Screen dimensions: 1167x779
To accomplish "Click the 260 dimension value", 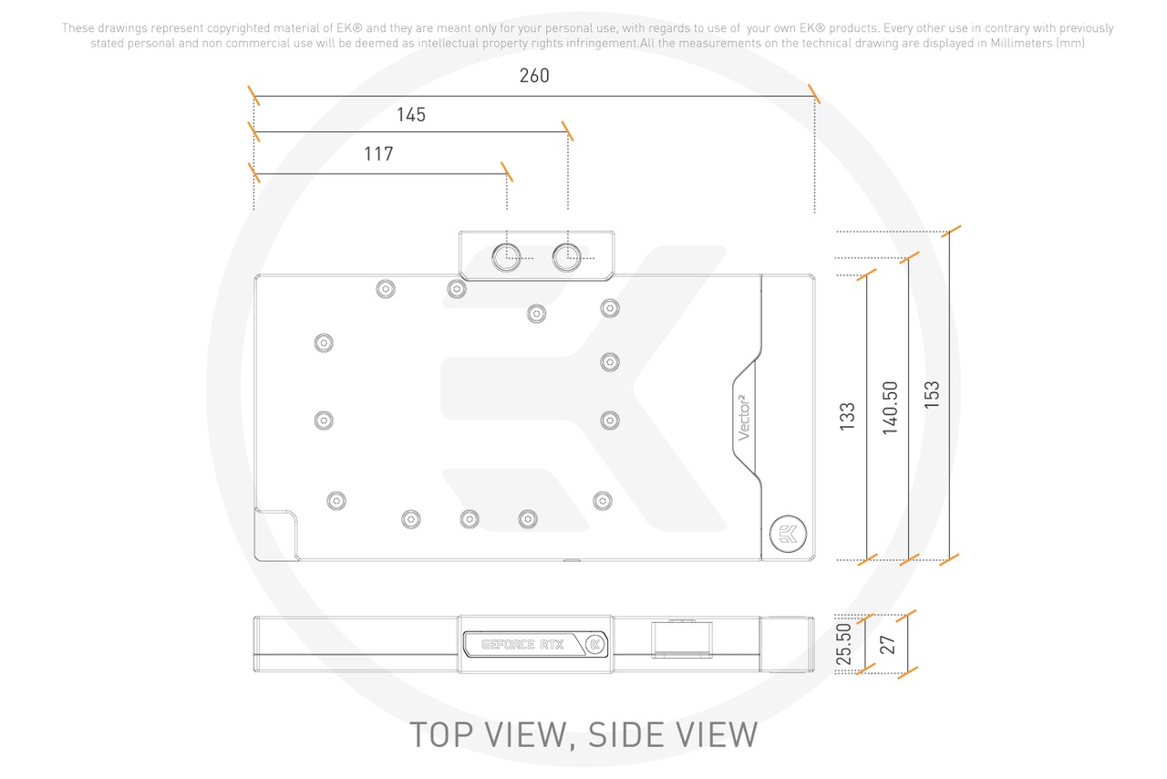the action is [534, 76].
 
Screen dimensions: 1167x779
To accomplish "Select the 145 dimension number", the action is [411, 115].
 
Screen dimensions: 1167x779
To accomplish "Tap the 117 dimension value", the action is [378, 154].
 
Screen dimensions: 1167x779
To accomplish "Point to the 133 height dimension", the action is [848, 417].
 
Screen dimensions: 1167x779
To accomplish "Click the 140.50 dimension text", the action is [891, 408].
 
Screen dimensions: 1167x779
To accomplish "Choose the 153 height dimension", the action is [932, 394].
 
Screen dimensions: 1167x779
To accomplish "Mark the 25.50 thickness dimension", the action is [844, 644].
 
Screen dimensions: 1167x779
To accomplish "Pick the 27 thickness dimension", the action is [888, 644].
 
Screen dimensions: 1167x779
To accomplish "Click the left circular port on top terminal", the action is [506, 256].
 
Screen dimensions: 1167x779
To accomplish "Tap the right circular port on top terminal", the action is [567, 256].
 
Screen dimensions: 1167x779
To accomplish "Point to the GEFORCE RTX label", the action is [523, 645].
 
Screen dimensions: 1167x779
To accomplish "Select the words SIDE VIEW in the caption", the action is [674, 734].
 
